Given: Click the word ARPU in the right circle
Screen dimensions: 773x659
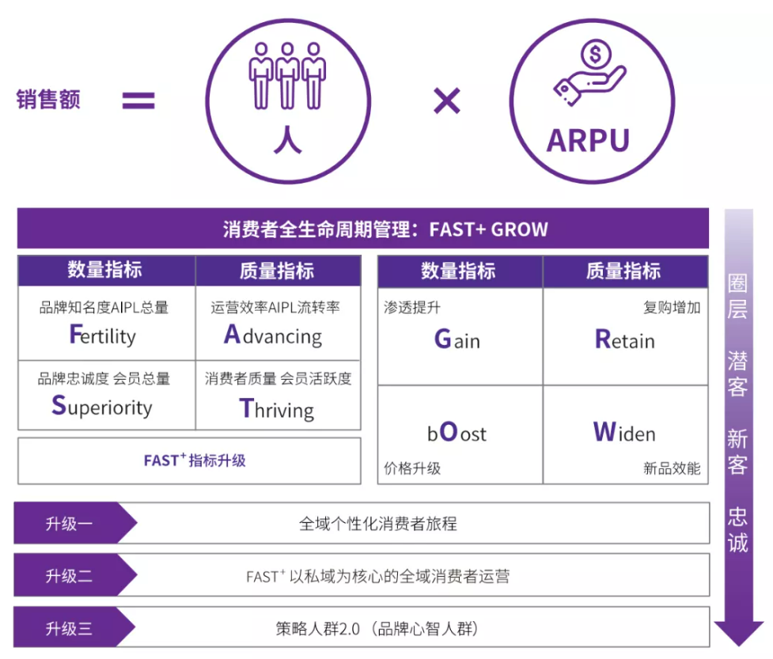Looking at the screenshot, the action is [x=588, y=141].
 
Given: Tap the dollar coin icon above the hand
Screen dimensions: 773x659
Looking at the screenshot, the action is [x=596, y=55].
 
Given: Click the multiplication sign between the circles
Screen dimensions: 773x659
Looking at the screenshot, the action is [x=447, y=100].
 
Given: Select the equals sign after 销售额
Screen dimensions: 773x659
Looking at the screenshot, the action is [x=138, y=100].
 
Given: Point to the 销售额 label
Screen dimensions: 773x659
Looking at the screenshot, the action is [x=48, y=99].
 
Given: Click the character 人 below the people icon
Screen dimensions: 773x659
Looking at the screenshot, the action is [x=287, y=139].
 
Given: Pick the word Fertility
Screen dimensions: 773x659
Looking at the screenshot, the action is [x=103, y=335].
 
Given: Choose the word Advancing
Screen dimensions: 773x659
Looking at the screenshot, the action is [x=273, y=335].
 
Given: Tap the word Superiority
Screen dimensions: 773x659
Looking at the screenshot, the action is [x=102, y=407].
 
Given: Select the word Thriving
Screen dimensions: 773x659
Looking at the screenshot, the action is [x=277, y=409].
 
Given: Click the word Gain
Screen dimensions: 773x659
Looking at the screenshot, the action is [x=457, y=339].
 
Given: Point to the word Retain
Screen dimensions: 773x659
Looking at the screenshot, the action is [x=624, y=339].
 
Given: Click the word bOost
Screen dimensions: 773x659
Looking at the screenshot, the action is [x=457, y=432].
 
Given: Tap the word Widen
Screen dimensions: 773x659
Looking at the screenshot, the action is [x=624, y=432].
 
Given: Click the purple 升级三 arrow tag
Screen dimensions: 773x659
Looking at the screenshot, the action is [x=74, y=627].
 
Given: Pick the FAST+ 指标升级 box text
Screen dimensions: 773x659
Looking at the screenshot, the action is [x=195, y=460].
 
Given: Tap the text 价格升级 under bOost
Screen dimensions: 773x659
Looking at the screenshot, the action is [x=412, y=468].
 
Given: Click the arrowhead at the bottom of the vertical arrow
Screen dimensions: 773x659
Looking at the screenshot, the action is [x=738, y=634].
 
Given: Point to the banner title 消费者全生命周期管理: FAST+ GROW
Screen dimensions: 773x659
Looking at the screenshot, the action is [x=385, y=229].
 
